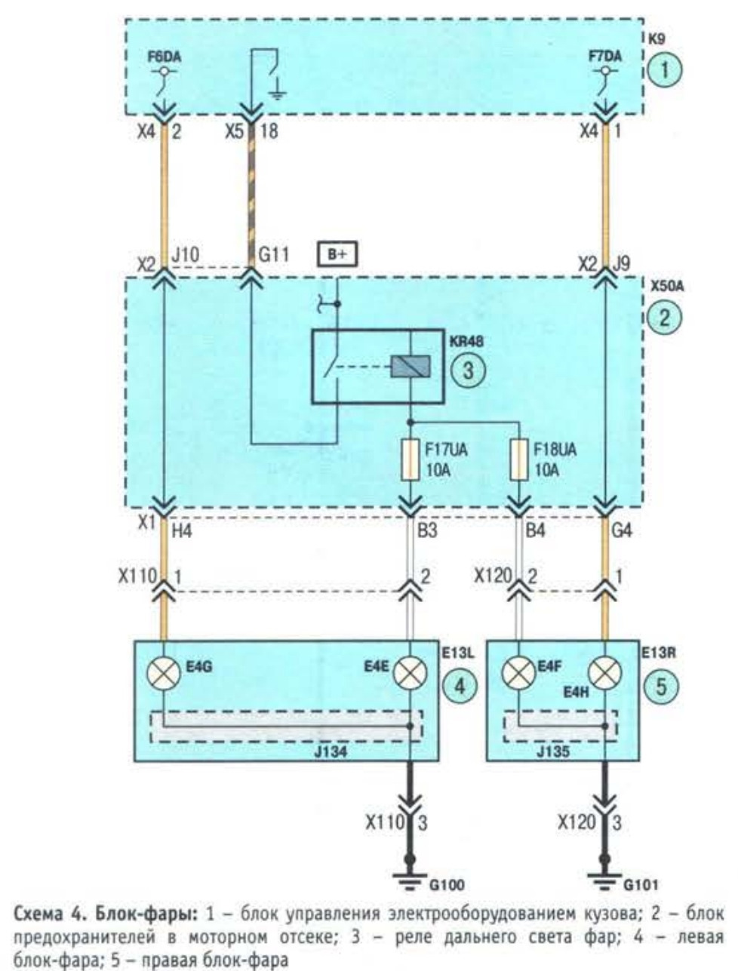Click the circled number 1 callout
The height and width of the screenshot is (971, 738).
pos(664,70)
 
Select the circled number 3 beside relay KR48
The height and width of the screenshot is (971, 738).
pos(468,370)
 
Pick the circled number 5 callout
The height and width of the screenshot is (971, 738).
pos(661,687)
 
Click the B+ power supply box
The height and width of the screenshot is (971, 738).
pos(337,255)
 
